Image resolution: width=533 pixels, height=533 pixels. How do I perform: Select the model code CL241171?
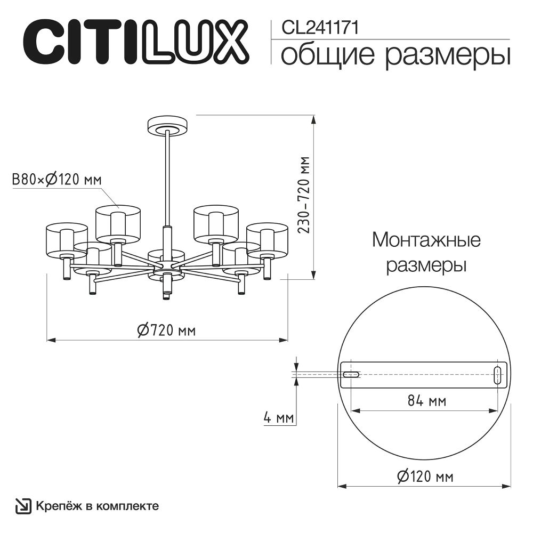[318, 27]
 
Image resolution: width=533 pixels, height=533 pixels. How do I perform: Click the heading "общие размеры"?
[395, 55]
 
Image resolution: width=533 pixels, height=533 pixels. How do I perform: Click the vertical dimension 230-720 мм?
[304, 195]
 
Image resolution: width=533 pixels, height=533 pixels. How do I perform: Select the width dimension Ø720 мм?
[166, 330]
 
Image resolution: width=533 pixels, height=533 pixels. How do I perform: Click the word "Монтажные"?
[426, 240]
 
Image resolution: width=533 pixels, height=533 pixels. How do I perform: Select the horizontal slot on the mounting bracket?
[350, 374]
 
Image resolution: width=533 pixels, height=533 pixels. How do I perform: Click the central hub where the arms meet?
[166, 264]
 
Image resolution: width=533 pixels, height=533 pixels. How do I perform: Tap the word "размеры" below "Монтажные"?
[426, 265]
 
